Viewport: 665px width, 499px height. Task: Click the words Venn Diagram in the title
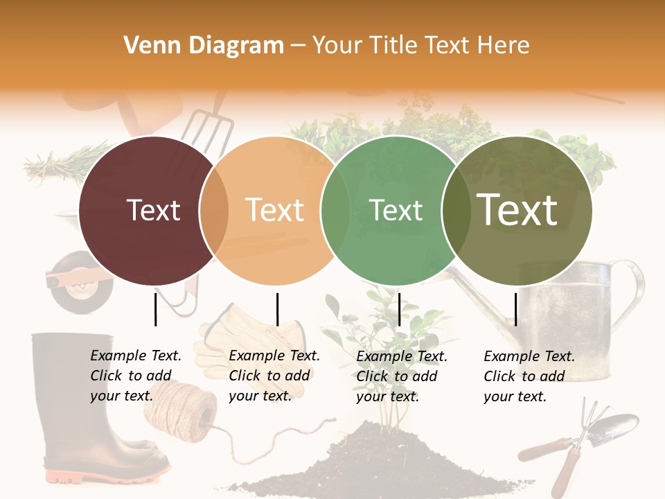pyautogui.click(x=204, y=46)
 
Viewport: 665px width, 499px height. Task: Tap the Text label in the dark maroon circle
pyautogui.click(x=153, y=210)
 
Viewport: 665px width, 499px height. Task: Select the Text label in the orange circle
pyautogui.click(x=274, y=210)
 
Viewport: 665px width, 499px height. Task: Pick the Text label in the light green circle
pyautogui.click(x=396, y=210)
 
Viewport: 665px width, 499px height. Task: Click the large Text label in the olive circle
pyautogui.click(x=517, y=210)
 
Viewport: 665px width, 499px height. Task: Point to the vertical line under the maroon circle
pyautogui.click(x=156, y=309)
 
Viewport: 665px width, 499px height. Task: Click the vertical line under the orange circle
pyautogui.click(x=277, y=309)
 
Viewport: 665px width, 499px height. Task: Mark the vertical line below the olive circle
pyautogui.click(x=516, y=309)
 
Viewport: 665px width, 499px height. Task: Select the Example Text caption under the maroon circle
pyautogui.click(x=136, y=376)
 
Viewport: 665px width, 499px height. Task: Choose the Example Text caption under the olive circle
pyautogui.click(x=529, y=376)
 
